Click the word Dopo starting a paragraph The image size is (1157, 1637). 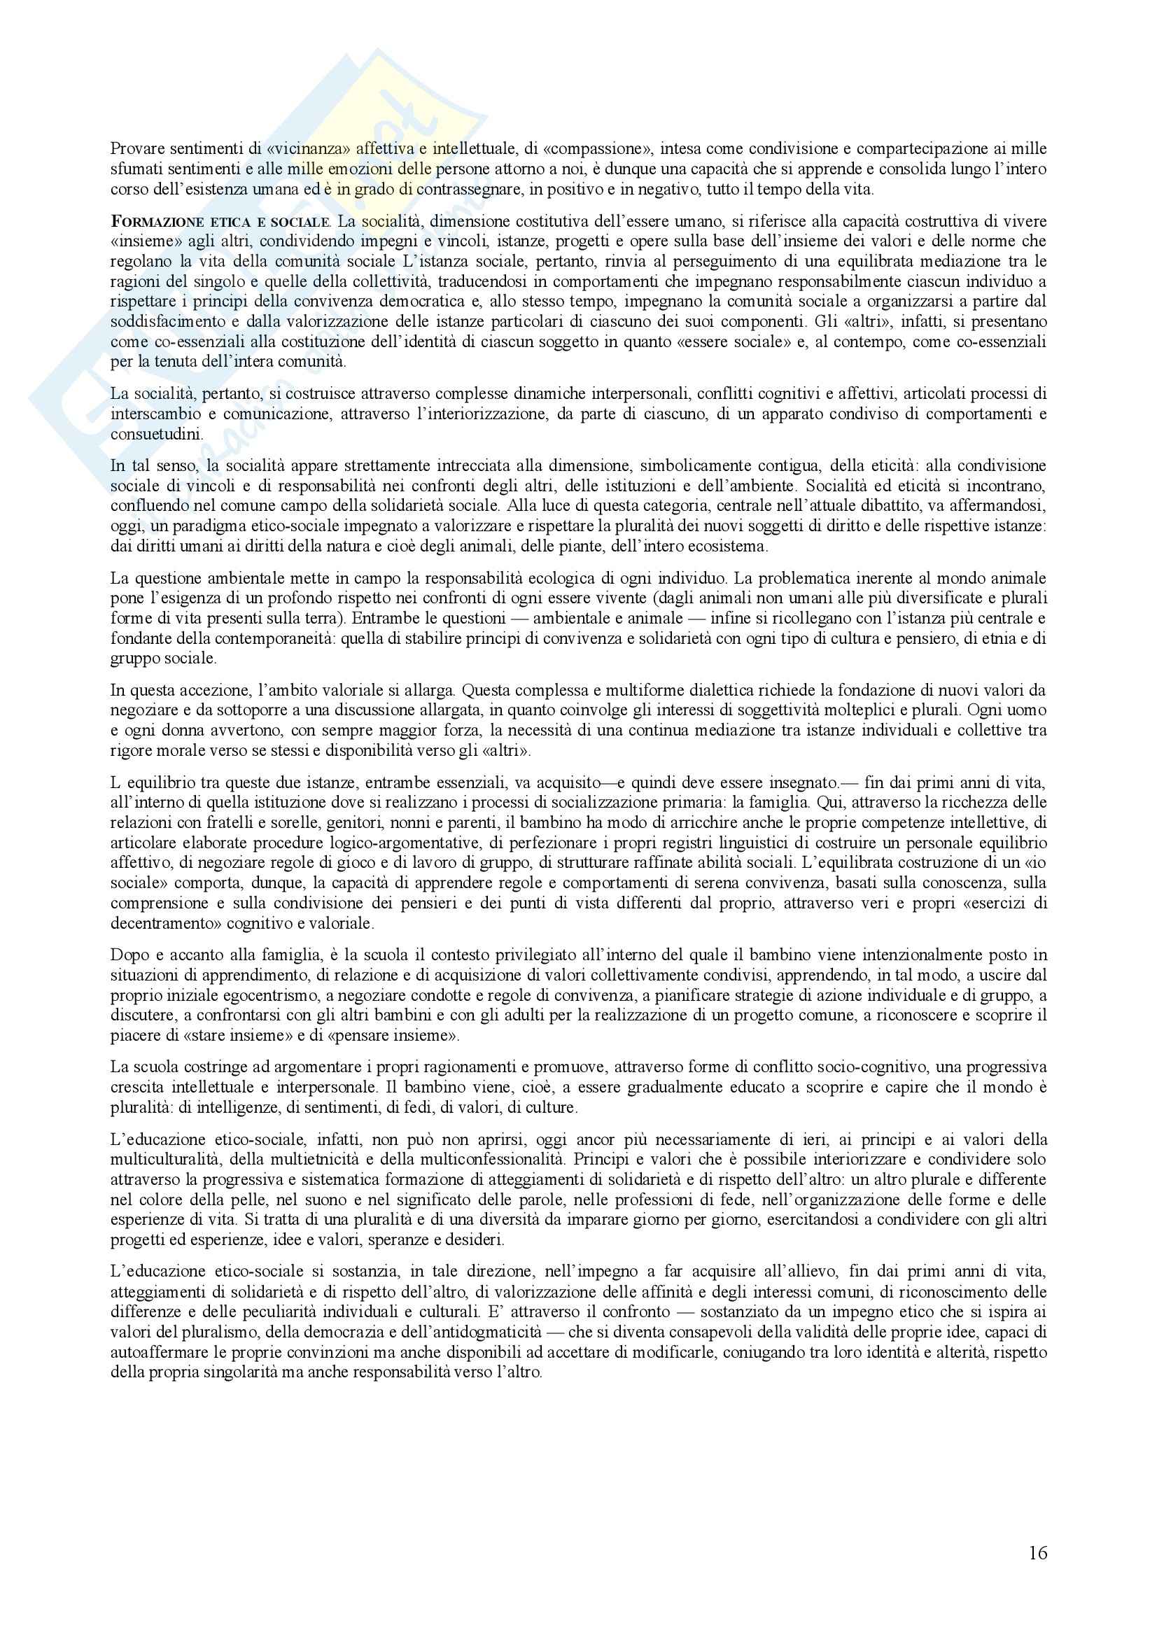[x=125, y=954]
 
